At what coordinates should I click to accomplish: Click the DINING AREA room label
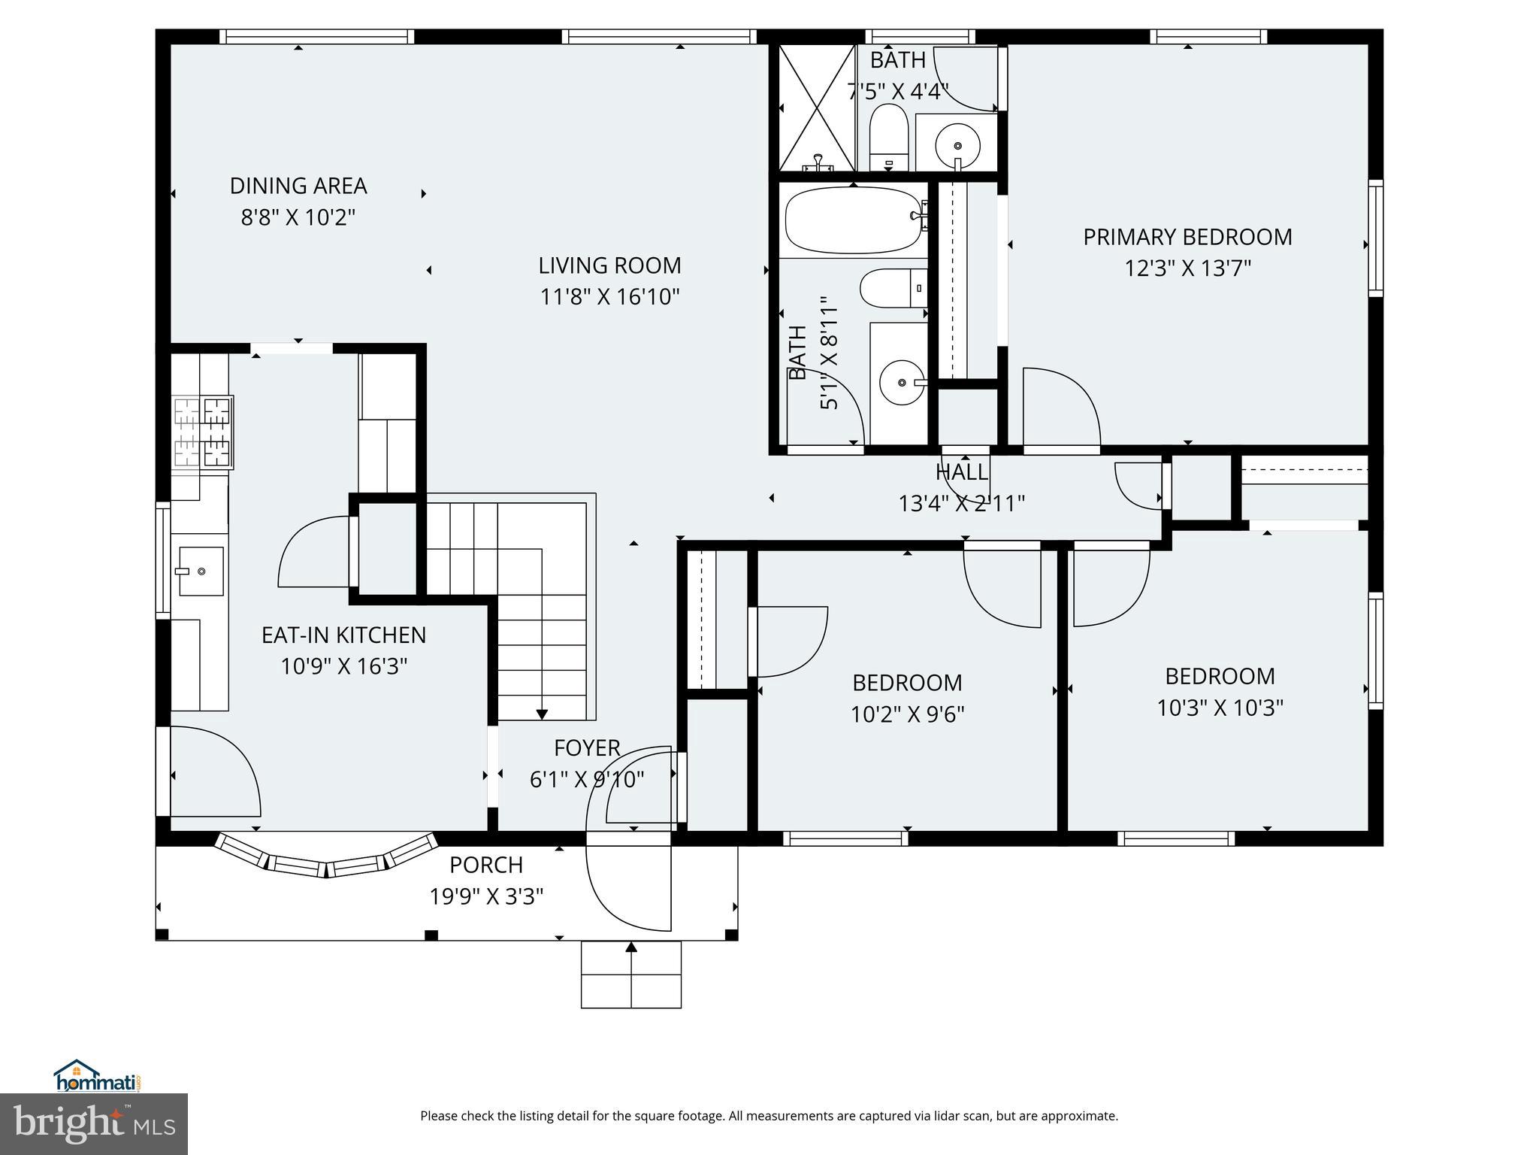click(x=298, y=186)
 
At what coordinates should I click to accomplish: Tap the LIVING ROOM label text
click(x=609, y=265)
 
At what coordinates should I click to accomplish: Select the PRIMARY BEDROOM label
click(x=1187, y=237)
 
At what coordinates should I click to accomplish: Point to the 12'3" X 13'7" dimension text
click(x=1187, y=268)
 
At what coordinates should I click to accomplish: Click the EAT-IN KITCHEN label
click(x=343, y=635)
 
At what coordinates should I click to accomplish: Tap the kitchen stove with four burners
click(x=203, y=432)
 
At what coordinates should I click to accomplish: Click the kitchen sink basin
click(x=201, y=571)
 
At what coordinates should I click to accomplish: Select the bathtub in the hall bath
click(x=853, y=220)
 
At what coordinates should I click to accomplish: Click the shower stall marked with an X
click(x=817, y=108)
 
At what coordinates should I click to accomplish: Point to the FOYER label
click(x=587, y=748)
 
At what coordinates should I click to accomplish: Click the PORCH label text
click(x=486, y=865)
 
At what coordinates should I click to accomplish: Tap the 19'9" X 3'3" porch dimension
click(x=486, y=896)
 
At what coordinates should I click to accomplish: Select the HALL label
click(x=962, y=472)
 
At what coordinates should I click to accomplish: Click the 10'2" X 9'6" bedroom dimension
click(x=907, y=714)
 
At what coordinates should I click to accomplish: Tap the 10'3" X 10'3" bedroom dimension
click(x=1220, y=708)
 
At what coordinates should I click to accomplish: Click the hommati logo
click(x=97, y=1076)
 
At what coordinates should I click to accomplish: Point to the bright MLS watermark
click(x=95, y=1123)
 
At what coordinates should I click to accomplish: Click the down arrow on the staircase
click(x=542, y=714)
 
